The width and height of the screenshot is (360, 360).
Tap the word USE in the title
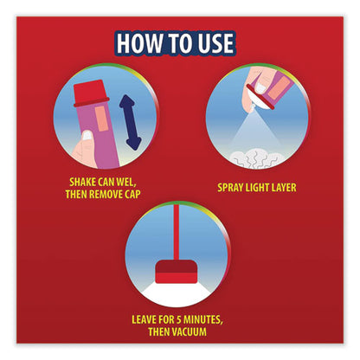point(215,43)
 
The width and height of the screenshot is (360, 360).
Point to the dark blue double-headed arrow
point(130,122)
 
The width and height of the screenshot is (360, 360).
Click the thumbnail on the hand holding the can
point(87,136)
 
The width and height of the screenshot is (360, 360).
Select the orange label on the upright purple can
point(101,119)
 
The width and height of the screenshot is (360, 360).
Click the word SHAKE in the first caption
point(82,182)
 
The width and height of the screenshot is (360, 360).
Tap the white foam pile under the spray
point(257,159)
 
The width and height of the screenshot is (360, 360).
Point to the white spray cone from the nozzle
point(253,131)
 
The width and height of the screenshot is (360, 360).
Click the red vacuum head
point(177,272)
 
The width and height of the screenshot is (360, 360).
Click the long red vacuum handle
point(177,232)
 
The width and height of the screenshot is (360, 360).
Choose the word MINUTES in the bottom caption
point(203,319)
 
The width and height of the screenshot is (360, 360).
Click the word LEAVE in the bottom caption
point(144,319)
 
